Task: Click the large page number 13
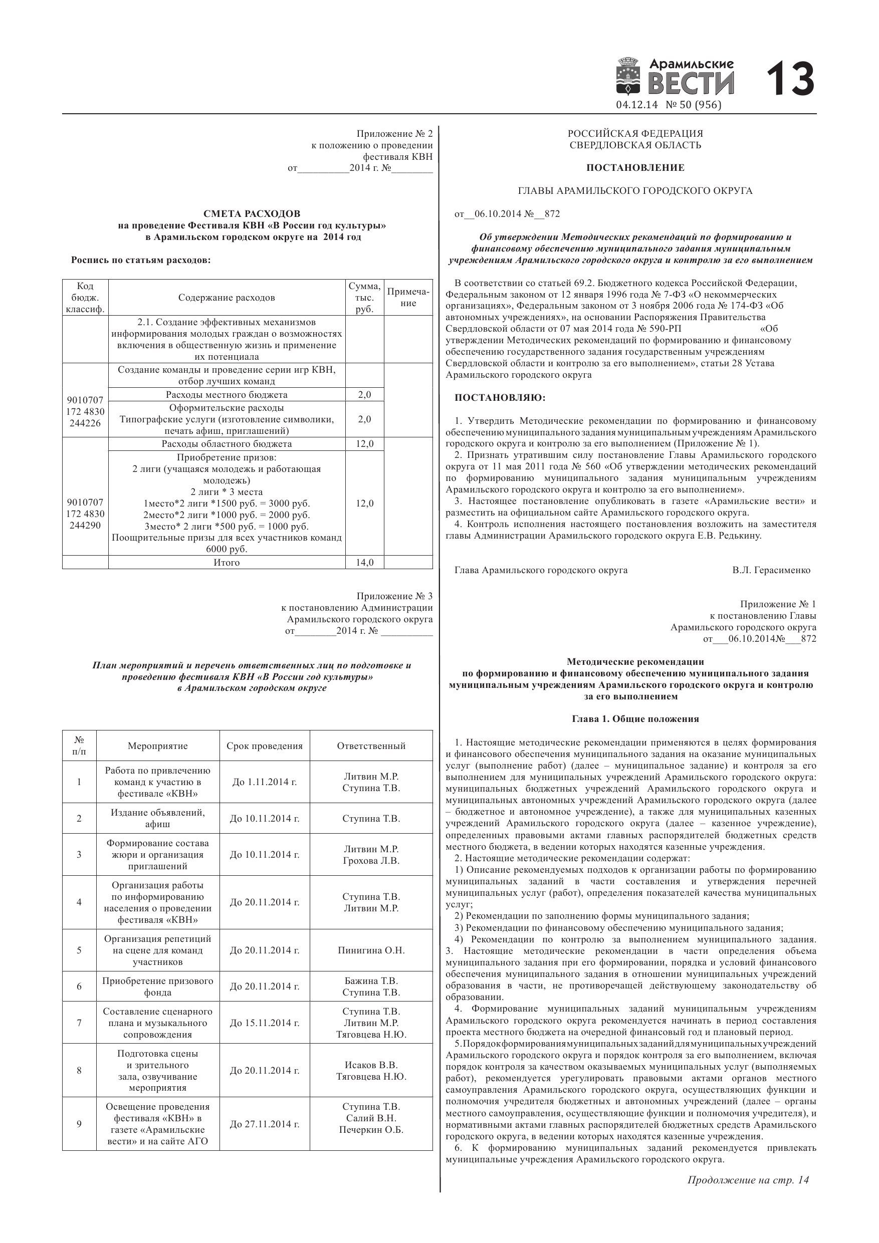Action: click(790, 79)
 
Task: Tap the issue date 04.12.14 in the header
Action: click(636, 105)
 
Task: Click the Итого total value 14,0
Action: click(364, 563)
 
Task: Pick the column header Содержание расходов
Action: click(227, 298)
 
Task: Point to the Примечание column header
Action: click(408, 297)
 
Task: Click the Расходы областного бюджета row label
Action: click(227, 444)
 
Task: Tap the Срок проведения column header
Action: click(264, 746)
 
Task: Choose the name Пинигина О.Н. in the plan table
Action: click(371, 950)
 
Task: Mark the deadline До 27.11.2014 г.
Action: click(264, 1124)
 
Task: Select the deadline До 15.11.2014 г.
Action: click(264, 1023)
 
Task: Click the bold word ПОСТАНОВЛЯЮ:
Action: click(500, 398)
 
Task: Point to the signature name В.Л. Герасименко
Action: click(771, 570)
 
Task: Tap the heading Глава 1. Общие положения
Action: click(635, 719)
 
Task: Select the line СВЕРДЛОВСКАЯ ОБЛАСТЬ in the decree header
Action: click(635, 145)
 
